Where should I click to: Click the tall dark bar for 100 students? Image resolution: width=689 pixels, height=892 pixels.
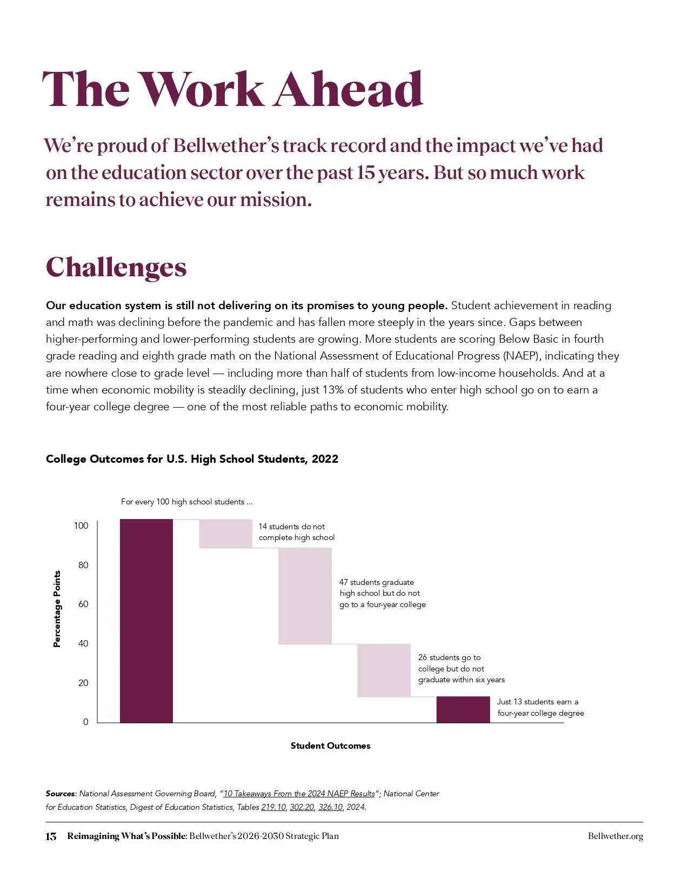point(146,621)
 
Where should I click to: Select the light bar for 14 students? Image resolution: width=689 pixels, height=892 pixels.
point(225,534)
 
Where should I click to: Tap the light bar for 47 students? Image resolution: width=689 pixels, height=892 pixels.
point(305,596)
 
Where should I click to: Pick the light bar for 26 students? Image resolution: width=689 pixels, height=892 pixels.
point(384,670)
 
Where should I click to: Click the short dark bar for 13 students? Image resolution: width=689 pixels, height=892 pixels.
point(463,709)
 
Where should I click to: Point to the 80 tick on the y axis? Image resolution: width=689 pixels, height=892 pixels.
point(83,565)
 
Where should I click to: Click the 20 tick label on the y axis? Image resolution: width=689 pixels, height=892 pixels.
point(83,683)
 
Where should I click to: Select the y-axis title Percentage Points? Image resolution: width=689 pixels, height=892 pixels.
point(57,609)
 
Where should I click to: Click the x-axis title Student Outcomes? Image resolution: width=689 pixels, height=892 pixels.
point(330,745)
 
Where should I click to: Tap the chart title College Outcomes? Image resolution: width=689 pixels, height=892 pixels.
point(192,459)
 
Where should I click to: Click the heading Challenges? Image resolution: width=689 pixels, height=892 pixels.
point(116,267)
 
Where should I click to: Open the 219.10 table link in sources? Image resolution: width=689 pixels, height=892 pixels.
point(273,807)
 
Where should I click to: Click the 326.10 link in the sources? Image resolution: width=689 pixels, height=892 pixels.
point(330,807)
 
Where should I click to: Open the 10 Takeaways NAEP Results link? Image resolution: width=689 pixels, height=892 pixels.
point(299,794)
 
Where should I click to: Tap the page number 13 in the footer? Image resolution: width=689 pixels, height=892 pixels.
point(51,836)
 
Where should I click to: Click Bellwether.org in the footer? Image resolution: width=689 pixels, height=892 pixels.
point(616,836)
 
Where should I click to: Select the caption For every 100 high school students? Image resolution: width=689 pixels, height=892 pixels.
point(186,502)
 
